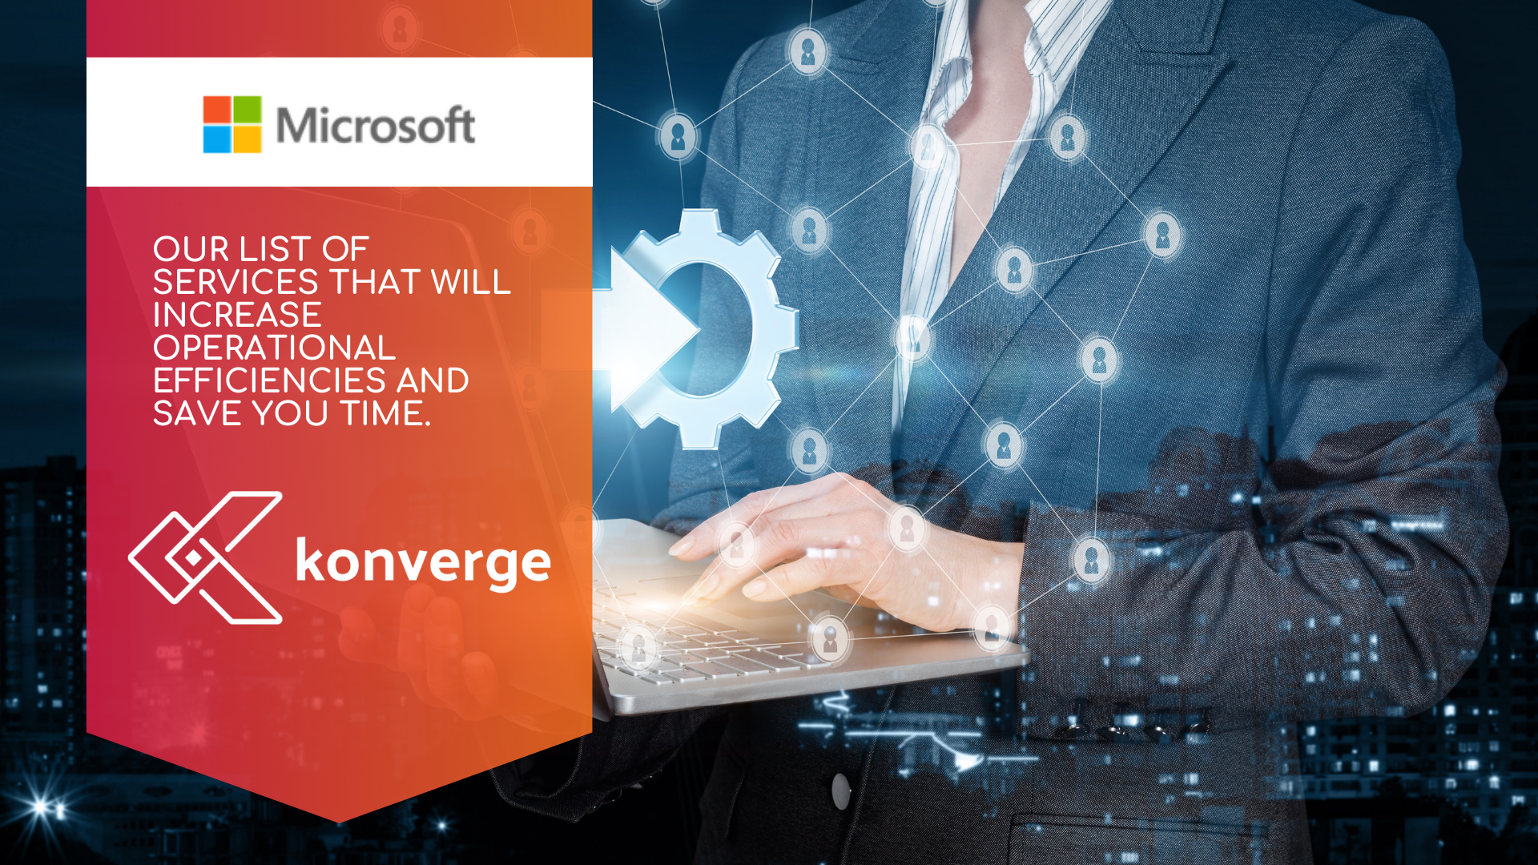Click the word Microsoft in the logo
point(375,126)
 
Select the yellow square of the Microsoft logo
point(248,139)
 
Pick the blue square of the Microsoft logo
point(217,139)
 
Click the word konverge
point(423,561)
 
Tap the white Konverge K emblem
point(206,557)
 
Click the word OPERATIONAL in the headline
point(274,348)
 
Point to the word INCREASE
point(237,315)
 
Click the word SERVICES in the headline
point(236,282)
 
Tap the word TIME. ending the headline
point(386,413)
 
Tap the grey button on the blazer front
point(840,791)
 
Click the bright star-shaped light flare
point(40,806)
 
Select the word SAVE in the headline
point(198,413)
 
